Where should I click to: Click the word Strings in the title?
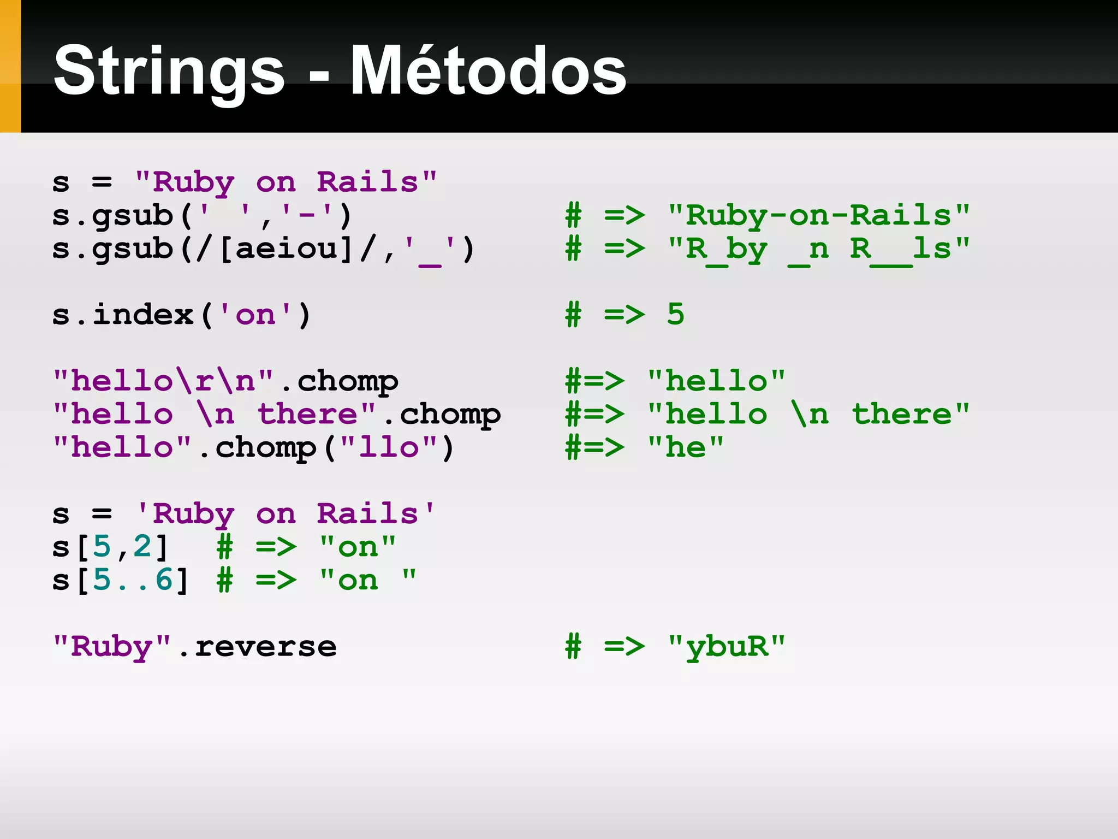point(169,71)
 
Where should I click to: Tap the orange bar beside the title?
point(10,66)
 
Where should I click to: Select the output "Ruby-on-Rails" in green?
point(818,216)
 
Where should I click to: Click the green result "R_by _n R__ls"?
point(818,250)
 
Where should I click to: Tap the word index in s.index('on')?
point(143,315)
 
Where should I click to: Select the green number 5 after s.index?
point(675,315)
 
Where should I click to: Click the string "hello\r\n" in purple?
point(163,381)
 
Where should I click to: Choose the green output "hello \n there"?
point(808,414)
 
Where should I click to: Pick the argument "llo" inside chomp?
point(389,447)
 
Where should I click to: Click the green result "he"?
point(685,447)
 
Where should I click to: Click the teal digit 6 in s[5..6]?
point(164,580)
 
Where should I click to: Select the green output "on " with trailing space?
point(368,580)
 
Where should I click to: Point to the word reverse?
point(265,647)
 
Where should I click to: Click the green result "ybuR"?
point(726,647)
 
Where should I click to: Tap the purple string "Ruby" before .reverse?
point(112,647)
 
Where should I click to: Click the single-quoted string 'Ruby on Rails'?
point(286,514)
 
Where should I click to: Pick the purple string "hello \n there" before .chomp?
point(215,414)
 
